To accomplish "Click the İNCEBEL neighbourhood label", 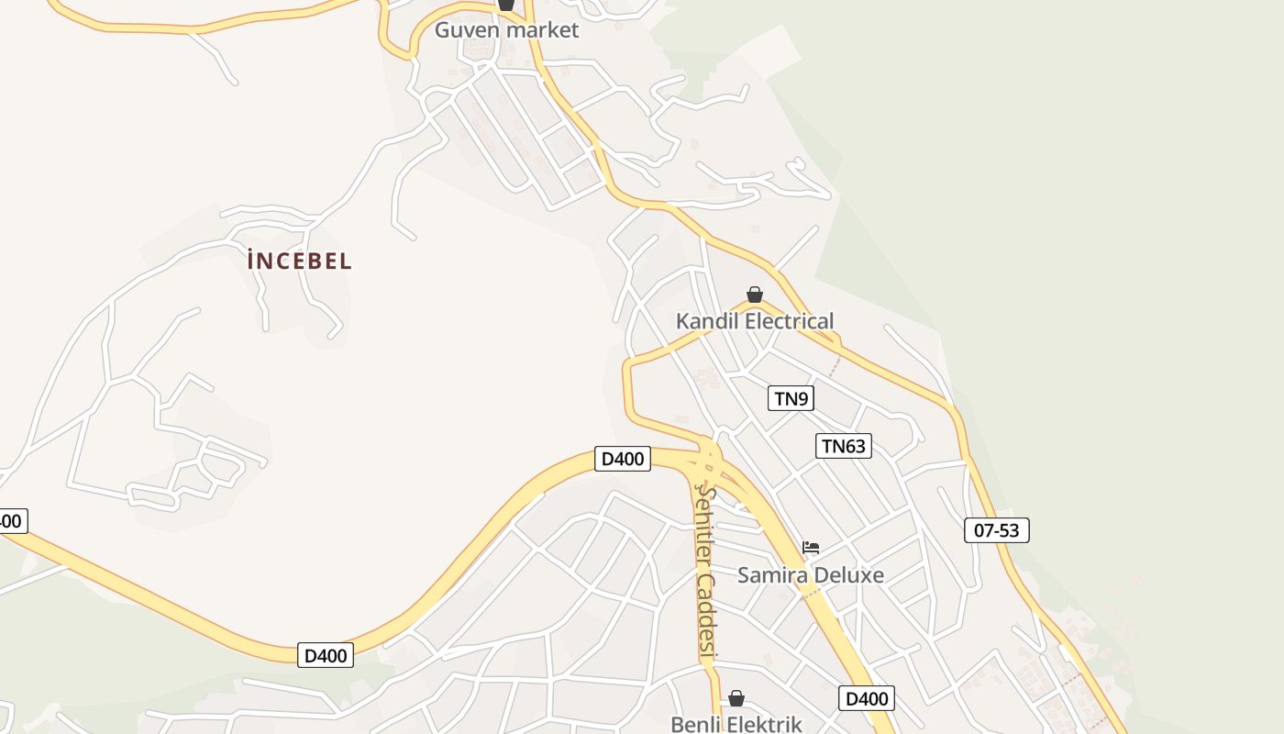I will pyautogui.click(x=299, y=261).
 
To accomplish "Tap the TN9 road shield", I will pyautogui.click(x=791, y=398).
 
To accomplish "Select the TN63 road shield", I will pyautogui.click(x=843, y=446).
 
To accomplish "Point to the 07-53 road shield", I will pyautogui.click(x=996, y=529).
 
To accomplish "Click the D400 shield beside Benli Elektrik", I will pyautogui.click(x=866, y=698).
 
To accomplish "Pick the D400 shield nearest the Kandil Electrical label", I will pyautogui.click(x=623, y=458).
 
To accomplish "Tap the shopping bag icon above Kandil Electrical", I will pyautogui.click(x=755, y=295).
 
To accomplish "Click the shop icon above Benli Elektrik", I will pyautogui.click(x=736, y=699).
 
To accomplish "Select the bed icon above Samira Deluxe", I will pyautogui.click(x=811, y=548).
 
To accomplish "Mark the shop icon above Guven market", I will pyautogui.click(x=506, y=5).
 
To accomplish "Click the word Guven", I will pyautogui.click(x=467, y=30).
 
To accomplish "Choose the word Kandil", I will pyautogui.click(x=707, y=321).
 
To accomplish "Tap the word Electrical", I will pyautogui.click(x=790, y=321).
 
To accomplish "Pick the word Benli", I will pyautogui.click(x=698, y=724).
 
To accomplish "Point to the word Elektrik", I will pyautogui.click(x=764, y=724).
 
